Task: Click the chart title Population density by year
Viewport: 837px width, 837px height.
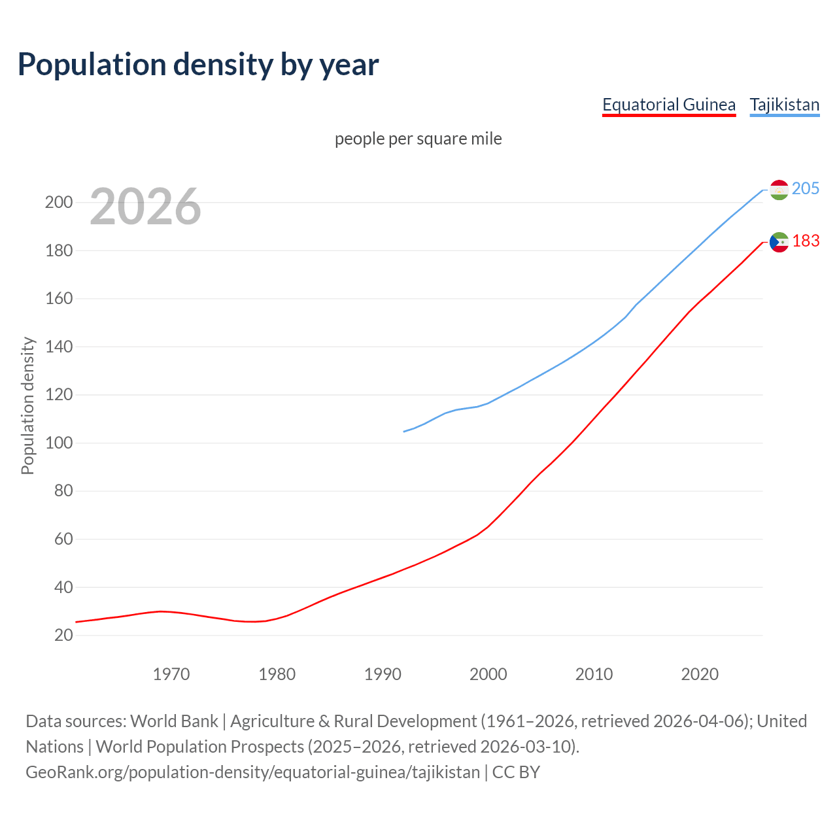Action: [x=198, y=65]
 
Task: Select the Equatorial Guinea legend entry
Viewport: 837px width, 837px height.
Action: [x=668, y=105]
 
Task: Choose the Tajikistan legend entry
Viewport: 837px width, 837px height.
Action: [x=784, y=105]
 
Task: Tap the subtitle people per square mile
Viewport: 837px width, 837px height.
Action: [x=418, y=139]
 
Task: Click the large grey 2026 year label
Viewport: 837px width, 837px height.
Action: [x=145, y=207]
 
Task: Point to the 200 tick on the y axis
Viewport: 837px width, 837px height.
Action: [x=58, y=202]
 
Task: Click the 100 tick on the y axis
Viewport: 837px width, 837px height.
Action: [x=58, y=443]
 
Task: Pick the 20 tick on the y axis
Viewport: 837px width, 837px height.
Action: [x=63, y=635]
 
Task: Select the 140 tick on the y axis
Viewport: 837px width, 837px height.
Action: [x=58, y=347]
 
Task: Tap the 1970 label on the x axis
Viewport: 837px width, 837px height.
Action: [x=171, y=674]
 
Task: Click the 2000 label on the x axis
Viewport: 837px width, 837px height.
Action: [x=488, y=674]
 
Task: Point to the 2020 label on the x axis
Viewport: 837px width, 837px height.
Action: [x=700, y=674]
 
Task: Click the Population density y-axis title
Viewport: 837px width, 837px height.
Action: [x=27, y=405]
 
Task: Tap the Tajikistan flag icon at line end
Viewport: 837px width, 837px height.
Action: [x=779, y=190]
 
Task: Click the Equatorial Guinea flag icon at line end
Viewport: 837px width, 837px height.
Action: [x=779, y=242]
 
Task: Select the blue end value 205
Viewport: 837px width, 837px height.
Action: [x=806, y=188]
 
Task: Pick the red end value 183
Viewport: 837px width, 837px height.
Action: [x=806, y=241]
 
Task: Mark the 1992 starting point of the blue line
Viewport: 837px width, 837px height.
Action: [x=404, y=432]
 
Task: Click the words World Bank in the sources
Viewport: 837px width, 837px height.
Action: [x=174, y=721]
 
